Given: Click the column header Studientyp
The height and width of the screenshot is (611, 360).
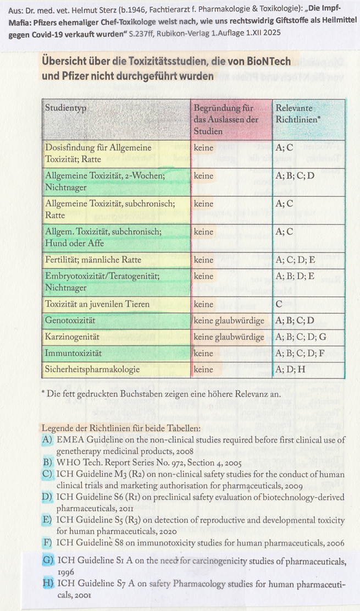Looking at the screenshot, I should (x=66, y=108).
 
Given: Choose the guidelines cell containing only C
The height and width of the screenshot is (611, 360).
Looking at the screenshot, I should (x=279, y=304).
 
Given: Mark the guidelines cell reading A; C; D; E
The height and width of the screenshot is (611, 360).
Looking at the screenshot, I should (x=295, y=260).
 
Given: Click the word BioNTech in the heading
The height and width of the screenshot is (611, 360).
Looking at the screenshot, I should (x=268, y=62).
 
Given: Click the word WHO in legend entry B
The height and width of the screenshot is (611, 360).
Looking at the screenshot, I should (x=69, y=462).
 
